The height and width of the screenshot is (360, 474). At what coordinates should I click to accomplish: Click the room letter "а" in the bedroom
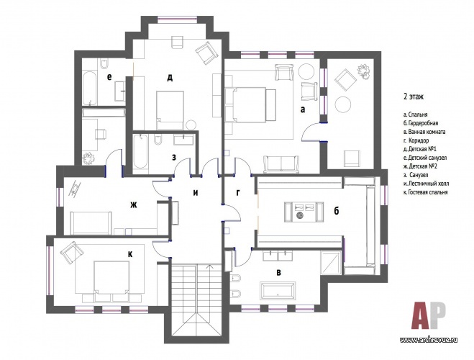[303, 110]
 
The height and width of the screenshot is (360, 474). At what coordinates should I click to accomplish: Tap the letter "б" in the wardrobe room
[336, 210]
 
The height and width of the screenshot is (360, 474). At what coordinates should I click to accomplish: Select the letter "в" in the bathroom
[278, 272]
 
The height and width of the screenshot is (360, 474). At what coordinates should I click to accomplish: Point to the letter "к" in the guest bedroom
[130, 255]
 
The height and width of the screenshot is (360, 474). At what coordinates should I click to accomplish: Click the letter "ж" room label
[133, 205]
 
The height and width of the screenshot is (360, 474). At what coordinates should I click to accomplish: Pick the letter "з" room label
[174, 157]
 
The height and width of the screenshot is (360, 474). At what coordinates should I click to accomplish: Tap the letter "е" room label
[109, 77]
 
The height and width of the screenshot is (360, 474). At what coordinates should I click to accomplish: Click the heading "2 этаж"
[414, 96]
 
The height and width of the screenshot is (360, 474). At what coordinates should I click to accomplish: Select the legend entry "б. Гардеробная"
[421, 123]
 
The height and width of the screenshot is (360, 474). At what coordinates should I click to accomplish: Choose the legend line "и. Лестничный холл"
[426, 184]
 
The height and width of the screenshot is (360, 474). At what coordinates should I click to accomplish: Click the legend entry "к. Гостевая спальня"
[425, 192]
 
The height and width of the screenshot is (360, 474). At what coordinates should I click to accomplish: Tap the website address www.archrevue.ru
[429, 339]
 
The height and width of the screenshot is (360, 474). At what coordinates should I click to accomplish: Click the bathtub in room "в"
[278, 291]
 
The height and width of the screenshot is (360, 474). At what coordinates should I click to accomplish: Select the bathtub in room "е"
[89, 88]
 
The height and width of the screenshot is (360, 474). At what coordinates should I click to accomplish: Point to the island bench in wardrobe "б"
[304, 212]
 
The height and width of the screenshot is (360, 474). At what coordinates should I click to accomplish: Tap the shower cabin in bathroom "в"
[332, 262]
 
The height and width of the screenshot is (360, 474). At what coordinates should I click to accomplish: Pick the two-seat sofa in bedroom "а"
[281, 164]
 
